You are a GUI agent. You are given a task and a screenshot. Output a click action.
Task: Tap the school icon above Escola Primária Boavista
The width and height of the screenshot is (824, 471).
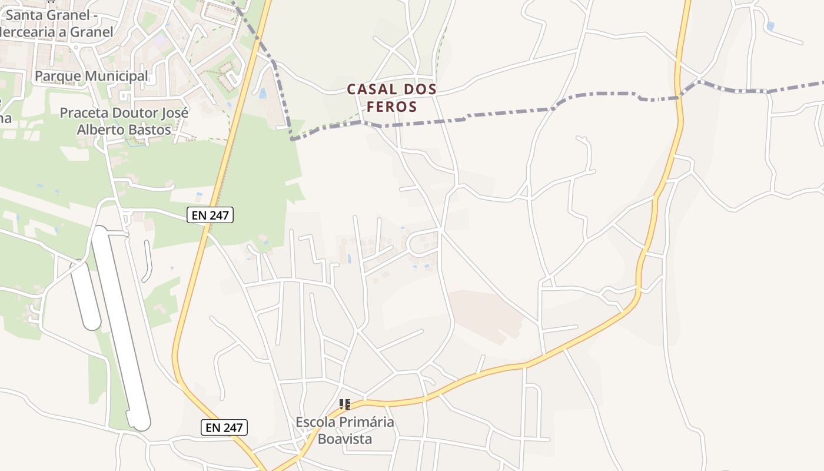345,404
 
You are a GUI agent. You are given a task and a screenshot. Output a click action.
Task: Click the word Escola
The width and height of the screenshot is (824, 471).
315,422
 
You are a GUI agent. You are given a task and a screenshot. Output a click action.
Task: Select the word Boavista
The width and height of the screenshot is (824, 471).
345,439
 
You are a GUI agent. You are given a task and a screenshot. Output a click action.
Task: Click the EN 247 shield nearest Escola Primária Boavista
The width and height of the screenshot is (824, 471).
224,427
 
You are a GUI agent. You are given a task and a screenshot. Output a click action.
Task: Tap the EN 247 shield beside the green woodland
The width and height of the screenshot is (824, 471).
210,215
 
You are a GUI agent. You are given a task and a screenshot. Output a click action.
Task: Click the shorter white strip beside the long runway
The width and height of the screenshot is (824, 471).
85,294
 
